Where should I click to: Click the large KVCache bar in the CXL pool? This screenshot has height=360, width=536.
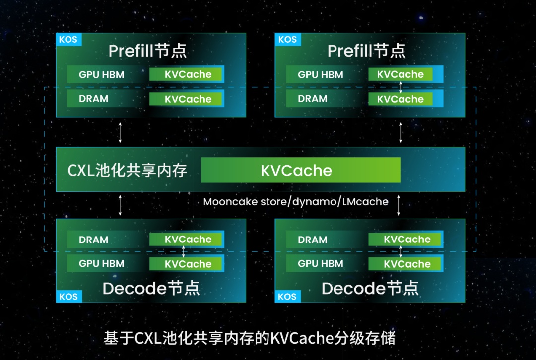click(x=300, y=170)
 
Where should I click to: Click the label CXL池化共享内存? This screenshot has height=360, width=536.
click(x=127, y=171)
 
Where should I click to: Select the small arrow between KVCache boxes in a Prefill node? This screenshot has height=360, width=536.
click(x=401, y=87)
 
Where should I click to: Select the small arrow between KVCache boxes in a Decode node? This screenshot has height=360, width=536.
click(x=184, y=251)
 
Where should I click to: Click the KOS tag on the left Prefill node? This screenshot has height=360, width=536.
click(x=68, y=40)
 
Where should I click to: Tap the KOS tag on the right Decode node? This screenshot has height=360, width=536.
click(x=287, y=297)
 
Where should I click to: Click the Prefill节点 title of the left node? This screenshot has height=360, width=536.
click(x=147, y=51)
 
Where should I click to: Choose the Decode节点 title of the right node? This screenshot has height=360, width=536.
click(x=370, y=288)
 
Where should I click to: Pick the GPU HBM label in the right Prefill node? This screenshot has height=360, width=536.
click(x=321, y=75)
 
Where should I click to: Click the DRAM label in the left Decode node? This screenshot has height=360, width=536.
click(x=93, y=240)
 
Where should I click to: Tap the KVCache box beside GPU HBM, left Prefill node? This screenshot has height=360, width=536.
click(x=188, y=75)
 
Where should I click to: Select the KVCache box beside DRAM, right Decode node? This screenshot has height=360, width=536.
click(x=406, y=240)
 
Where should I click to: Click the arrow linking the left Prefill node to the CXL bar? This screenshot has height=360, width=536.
click(x=121, y=132)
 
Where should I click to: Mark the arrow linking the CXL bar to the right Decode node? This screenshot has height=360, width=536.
click(x=399, y=205)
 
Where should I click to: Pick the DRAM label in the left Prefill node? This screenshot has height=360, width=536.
click(x=93, y=99)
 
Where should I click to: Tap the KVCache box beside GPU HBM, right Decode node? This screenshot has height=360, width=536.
click(x=406, y=264)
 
